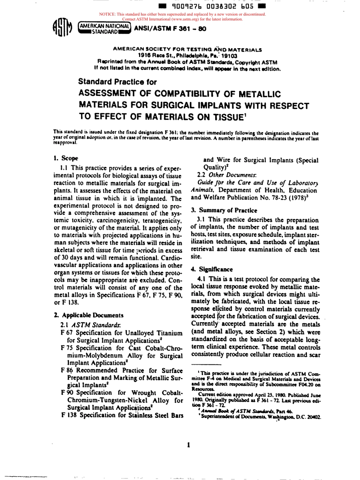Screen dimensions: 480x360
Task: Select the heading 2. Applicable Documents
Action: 88,315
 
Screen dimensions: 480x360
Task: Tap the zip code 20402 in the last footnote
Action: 313,416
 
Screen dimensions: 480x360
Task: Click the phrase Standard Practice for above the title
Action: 117,82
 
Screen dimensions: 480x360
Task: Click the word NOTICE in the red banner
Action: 107,14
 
